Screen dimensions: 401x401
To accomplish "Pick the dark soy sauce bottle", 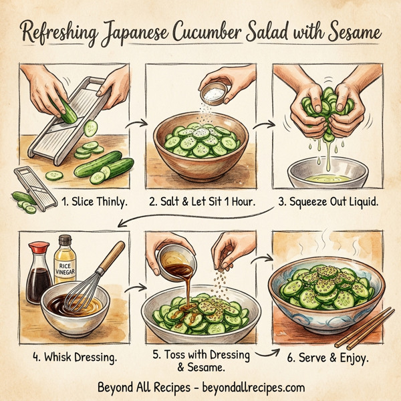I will pos(38,274).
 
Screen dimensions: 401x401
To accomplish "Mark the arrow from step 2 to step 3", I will pos(263,122).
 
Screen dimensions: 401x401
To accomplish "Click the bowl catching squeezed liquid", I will pos(327,175).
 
